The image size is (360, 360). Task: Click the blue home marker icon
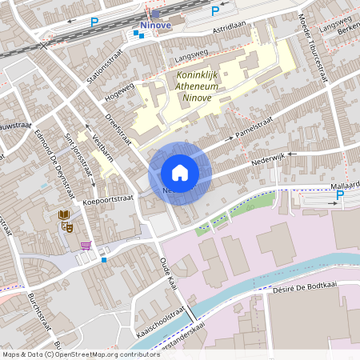[x=180, y=173]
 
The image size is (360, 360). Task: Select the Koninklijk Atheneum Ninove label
[x=196, y=86]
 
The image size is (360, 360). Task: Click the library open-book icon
[x=63, y=215]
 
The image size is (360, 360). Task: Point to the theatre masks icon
[x=68, y=227]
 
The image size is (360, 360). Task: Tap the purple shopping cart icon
[x=86, y=245]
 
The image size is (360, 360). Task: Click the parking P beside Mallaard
[x=340, y=195]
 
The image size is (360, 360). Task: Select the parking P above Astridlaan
[x=214, y=11]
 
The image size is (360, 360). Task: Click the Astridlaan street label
[x=230, y=26]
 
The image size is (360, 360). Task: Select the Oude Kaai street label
[x=167, y=273]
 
